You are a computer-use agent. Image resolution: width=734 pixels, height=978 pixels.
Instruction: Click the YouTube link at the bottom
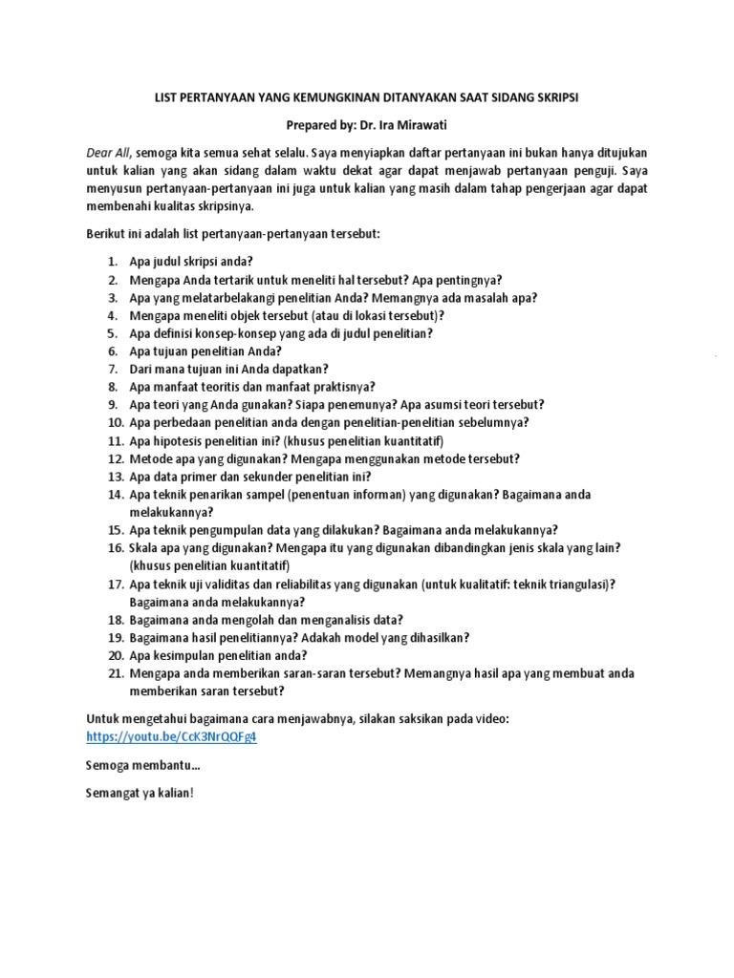coord(172,737)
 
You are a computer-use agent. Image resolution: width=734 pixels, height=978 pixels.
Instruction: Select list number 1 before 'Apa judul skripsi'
coord(112,261)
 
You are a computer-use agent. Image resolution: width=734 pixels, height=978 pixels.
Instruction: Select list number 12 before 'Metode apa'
coord(115,458)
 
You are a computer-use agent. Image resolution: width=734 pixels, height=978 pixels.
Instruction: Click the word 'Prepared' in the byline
coord(314,125)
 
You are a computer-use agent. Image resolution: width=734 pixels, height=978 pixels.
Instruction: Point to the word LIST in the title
coord(170,97)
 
